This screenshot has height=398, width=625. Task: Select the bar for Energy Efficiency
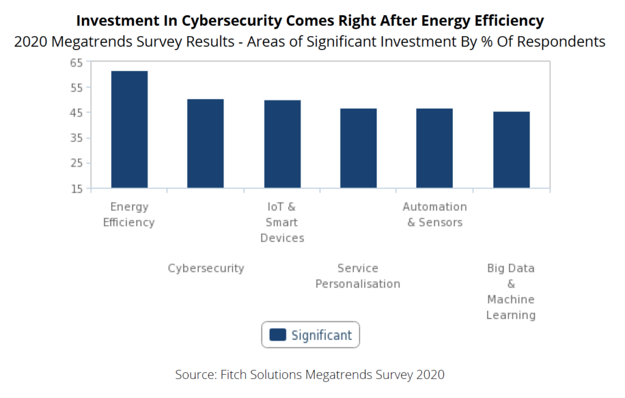[x=129, y=130]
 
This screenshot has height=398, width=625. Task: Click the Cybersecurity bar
[x=205, y=144]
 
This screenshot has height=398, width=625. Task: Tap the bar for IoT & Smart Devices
[x=282, y=144]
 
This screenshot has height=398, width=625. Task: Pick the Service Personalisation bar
[x=358, y=148]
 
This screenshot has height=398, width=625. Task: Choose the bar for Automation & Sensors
[x=435, y=148]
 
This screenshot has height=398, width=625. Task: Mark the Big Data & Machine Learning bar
[x=511, y=150]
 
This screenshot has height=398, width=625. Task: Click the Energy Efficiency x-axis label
[x=129, y=215]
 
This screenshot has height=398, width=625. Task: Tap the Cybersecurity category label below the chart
[x=206, y=268]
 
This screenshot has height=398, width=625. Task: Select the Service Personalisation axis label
[x=358, y=276]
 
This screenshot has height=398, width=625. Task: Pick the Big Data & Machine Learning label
[x=511, y=292]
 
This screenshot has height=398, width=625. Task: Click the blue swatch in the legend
[x=278, y=335]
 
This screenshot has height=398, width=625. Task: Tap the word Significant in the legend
[x=322, y=335]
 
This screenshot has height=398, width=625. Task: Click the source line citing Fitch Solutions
[x=309, y=374]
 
